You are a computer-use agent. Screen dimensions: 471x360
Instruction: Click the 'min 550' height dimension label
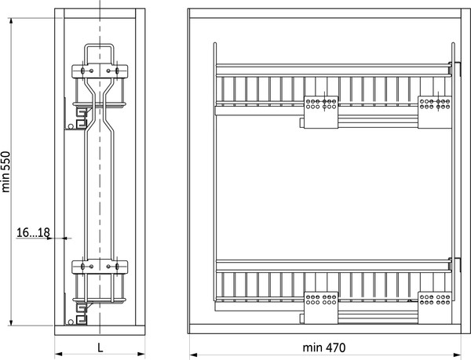tap(6, 172)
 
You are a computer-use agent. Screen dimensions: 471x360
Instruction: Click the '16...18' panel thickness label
tap(33, 232)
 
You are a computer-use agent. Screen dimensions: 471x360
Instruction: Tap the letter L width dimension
tap(100, 347)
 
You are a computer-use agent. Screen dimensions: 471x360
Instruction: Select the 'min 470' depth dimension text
tap(324, 347)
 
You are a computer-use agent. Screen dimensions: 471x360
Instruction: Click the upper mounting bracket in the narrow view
tap(100, 71)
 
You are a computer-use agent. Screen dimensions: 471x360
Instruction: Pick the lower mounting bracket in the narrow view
tap(100, 267)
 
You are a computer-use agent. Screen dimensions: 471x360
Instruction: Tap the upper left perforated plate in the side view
tap(321, 112)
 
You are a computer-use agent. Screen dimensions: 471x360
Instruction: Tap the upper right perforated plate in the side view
tap(435, 112)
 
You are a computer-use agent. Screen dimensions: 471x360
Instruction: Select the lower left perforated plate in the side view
tap(321, 307)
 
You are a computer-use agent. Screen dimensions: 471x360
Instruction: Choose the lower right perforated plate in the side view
tap(435, 307)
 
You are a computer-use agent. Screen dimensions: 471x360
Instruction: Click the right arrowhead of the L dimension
tap(141, 354)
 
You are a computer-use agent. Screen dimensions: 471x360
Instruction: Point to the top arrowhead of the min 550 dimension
tap(11, 22)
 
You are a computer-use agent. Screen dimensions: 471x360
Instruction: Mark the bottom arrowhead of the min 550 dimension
tap(11, 322)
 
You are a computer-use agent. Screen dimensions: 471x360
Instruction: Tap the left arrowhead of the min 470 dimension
tap(193, 355)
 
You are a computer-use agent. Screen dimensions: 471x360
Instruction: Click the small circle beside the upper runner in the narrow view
tap(71, 126)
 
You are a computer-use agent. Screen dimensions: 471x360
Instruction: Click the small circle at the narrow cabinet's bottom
tap(71, 322)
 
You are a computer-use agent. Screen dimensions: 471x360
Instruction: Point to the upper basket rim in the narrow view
tap(99, 104)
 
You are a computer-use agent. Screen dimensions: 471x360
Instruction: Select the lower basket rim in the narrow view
tap(99, 300)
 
